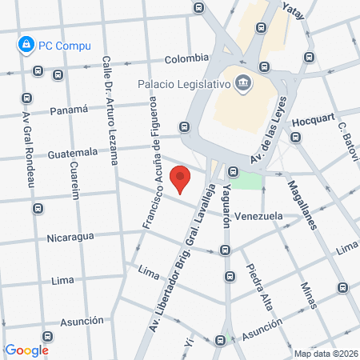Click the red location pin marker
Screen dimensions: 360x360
click(x=182, y=179)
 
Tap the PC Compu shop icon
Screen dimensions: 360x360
click(x=26, y=44)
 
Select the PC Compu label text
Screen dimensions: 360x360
click(x=65, y=46)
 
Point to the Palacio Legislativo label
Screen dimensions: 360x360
click(x=183, y=82)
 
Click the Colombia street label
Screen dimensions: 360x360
click(x=186, y=58)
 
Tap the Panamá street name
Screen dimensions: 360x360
click(x=66, y=111)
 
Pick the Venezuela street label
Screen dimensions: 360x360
click(x=258, y=216)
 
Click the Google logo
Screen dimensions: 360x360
click(x=26, y=350)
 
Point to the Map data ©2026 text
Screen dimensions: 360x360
click(x=324, y=354)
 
